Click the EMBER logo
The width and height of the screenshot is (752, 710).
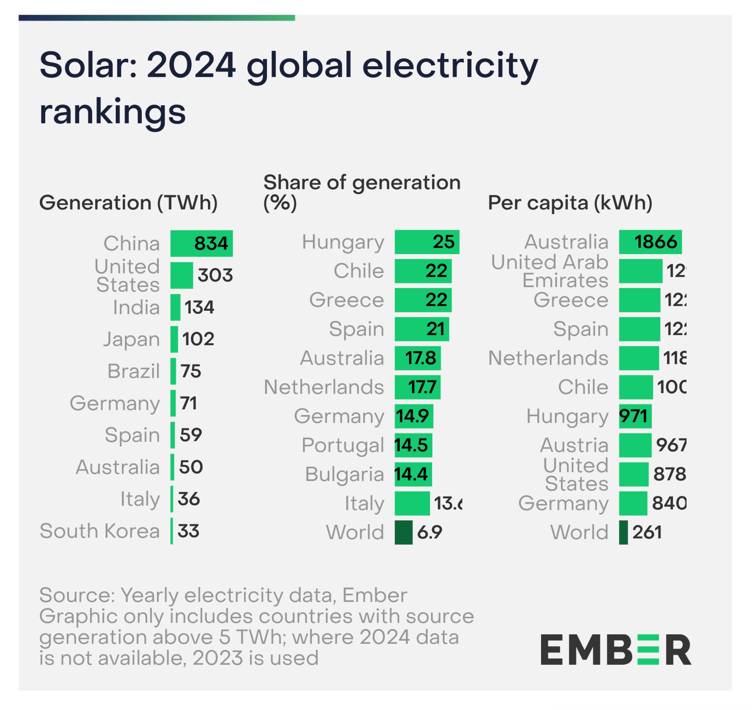(616, 650)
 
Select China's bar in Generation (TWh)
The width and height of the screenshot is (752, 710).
(201, 243)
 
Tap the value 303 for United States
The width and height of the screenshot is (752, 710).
(215, 275)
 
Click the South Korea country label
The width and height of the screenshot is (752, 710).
(100, 531)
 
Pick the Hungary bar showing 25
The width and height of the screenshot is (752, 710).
(427, 242)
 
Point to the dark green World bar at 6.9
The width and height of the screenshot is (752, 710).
(403, 532)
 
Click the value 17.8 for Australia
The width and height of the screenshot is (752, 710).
(421, 358)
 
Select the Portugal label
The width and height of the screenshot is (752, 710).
(343, 445)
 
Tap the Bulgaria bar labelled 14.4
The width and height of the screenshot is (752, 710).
(413, 474)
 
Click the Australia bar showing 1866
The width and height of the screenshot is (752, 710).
(650, 242)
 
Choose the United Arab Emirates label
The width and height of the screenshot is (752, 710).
(550, 271)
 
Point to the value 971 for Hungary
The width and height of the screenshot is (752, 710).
(633, 416)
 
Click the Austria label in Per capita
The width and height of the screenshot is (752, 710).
(574, 445)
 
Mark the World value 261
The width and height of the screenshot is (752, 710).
(647, 532)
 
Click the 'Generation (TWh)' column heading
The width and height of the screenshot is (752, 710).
(129, 203)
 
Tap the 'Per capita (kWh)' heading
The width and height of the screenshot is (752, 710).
(570, 203)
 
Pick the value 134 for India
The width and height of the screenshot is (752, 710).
(199, 307)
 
